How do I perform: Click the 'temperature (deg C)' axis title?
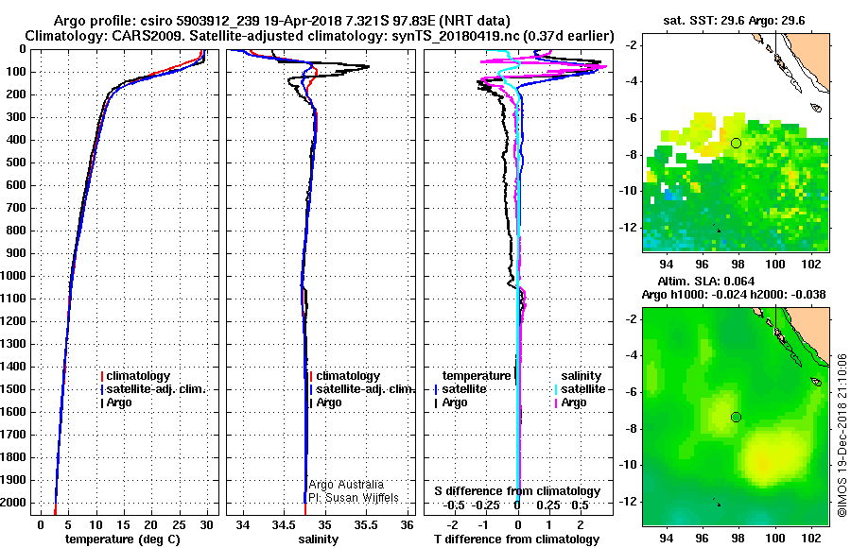[x=122, y=539]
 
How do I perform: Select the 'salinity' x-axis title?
[x=317, y=539]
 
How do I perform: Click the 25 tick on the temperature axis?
[x=179, y=523]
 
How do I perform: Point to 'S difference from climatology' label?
[x=517, y=491]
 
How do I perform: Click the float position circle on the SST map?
[x=736, y=143]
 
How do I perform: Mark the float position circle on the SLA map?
[x=736, y=417]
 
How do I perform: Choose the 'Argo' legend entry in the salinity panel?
[x=328, y=402]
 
